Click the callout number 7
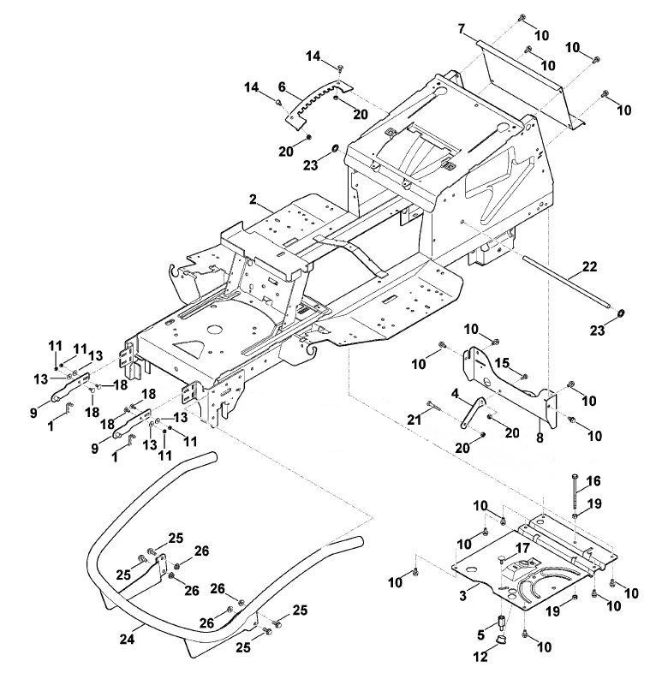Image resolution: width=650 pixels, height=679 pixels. (x=462, y=29)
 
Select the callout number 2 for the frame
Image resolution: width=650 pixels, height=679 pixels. (x=253, y=200)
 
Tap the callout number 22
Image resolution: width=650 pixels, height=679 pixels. (x=589, y=267)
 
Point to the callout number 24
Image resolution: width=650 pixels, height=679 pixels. (x=127, y=639)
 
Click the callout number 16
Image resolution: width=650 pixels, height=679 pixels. (x=593, y=480)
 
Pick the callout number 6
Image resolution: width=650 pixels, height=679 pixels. (x=282, y=87)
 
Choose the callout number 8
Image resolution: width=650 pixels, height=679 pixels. (x=540, y=438)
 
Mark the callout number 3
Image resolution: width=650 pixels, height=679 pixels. (x=463, y=595)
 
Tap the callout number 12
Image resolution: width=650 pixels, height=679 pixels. (x=480, y=657)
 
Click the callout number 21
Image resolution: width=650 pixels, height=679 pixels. (x=414, y=419)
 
